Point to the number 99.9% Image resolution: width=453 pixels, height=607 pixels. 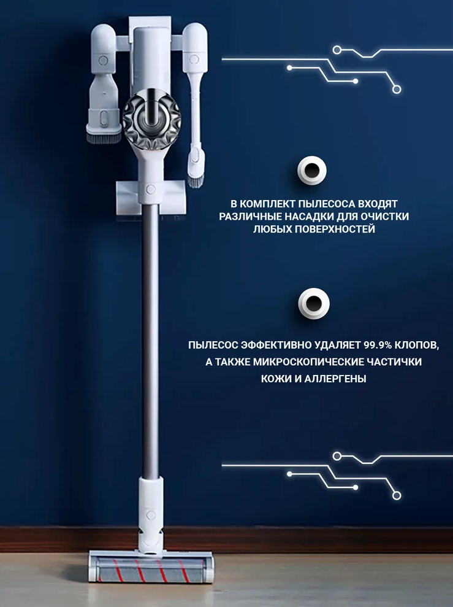click(378, 345)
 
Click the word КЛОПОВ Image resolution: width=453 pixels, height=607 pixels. click(417, 345)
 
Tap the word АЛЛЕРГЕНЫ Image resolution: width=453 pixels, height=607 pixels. click(335, 379)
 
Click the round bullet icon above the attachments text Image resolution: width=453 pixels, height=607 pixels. click(311, 171)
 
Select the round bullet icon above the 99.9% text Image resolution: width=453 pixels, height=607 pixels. click(314, 303)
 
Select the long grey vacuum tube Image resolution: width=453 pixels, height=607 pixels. click(150, 341)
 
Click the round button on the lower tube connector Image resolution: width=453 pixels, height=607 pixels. click(151, 514)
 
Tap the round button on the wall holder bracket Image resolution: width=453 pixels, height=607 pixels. click(151, 189)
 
